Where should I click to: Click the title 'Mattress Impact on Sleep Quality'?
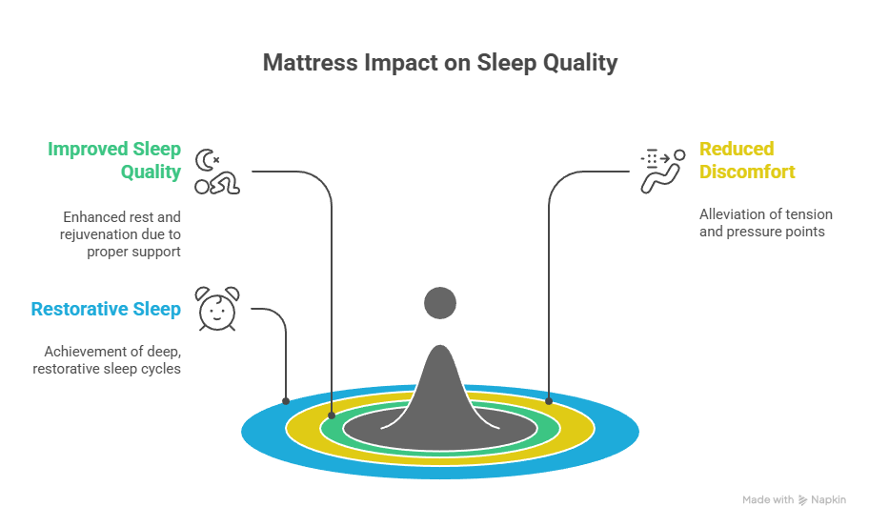439,63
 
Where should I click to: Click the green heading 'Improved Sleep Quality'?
114,160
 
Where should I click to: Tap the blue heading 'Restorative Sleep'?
106,309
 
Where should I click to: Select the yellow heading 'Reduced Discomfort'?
748,160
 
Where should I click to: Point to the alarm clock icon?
216,309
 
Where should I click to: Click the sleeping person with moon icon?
217,172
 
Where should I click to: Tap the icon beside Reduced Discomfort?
660,172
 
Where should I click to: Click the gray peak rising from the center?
440,391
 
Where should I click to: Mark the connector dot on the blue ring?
286,401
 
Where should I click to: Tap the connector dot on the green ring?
331,415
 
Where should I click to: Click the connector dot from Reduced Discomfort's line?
549,400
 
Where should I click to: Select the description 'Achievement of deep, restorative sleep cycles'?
112,359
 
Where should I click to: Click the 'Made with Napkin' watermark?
793,499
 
